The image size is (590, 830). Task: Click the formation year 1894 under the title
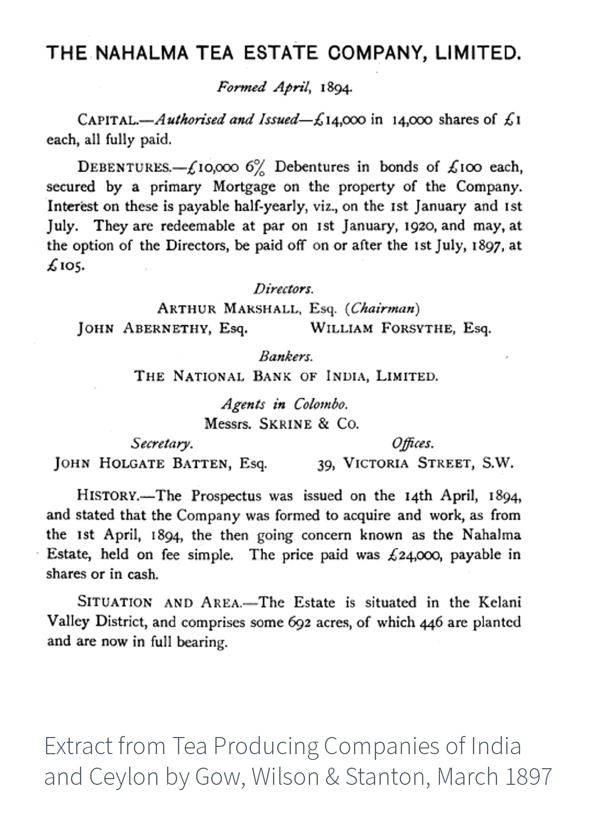337,87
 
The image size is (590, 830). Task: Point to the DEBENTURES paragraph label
124,168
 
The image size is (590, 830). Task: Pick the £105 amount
64,266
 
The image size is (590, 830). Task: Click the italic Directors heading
284,289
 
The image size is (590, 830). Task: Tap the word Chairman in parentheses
382,309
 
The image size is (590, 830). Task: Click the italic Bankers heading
286,357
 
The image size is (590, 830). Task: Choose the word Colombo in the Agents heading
320,404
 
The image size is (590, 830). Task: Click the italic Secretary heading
162,444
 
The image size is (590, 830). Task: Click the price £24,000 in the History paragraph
414,555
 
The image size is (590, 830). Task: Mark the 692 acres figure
299,622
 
